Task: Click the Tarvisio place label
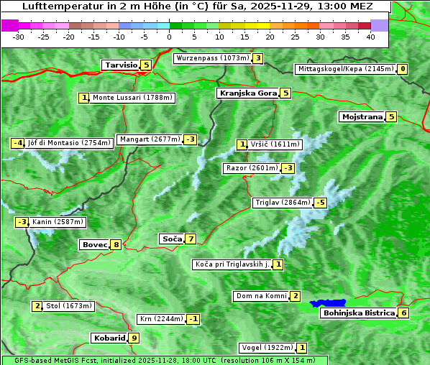click(121, 65)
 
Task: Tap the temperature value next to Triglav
click(320, 203)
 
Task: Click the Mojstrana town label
click(362, 116)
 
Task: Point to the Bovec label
click(94, 245)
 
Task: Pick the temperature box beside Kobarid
click(134, 338)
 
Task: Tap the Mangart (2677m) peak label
click(150, 139)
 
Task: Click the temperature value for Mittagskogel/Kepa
click(403, 69)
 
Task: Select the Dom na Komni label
click(261, 296)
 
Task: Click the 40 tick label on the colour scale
click(370, 37)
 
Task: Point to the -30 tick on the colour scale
click(19, 37)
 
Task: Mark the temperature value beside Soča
click(191, 239)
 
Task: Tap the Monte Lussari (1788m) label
click(132, 98)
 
